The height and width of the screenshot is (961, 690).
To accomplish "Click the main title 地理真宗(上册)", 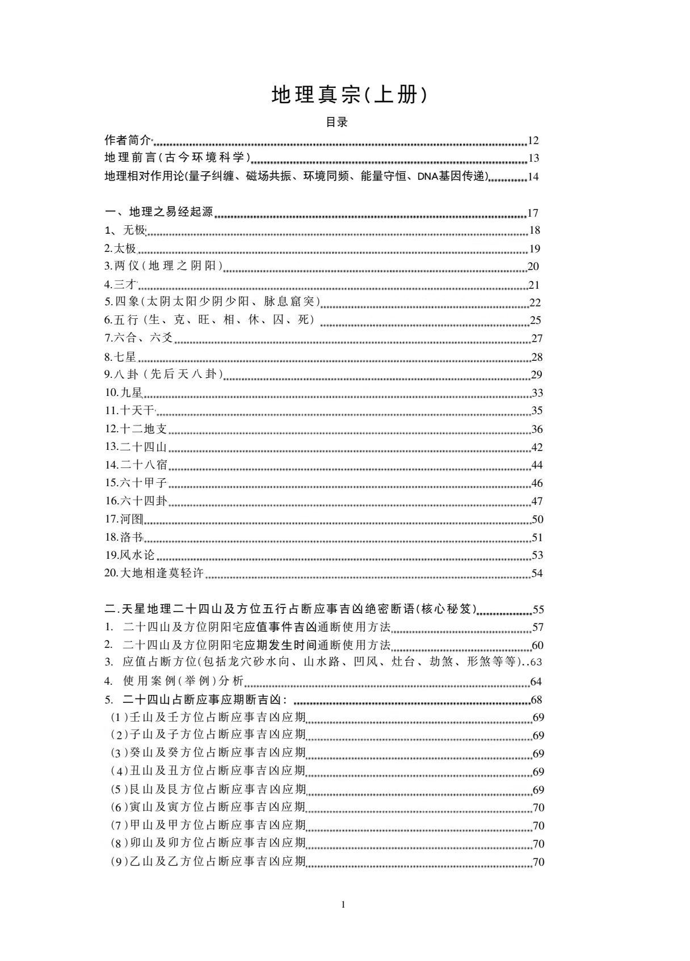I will pyautogui.click(x=348, y=95).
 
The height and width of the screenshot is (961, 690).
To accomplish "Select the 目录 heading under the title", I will pyautogui.click(x=336, y=122).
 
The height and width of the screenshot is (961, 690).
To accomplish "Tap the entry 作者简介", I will pyautogui.click(x=128, y=140).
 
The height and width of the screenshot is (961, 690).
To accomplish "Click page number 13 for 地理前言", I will pyautogui.click(x=533, y=158).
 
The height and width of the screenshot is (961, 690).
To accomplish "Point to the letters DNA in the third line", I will pyautogui.click(x=426, y=176).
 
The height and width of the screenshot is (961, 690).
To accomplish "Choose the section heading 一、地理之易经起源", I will pyautogui.click(x=159, y=212).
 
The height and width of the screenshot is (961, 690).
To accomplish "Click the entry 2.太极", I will pyautogui.click(x=120, y=248).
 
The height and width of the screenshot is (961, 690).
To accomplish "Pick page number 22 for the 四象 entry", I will pyautogui.click(x=535, y=303).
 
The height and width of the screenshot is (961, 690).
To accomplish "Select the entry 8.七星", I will pyautogui.click(x=120, y=357).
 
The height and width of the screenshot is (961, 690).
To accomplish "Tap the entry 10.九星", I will pyautogui.click(x=123, y=393).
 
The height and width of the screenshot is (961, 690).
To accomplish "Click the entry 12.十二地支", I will pyautogui.click(x=135, y=429).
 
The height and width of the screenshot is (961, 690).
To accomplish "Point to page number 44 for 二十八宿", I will pyautogui.click(x=537, y=465).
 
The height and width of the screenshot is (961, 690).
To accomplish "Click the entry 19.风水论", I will pyautogui.click(x=129, y=555).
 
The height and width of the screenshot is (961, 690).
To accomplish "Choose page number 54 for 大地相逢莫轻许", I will pyautogui.click(x=537, y=574).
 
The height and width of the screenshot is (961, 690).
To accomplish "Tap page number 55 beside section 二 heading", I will pyautogui.click(x=538, y=610).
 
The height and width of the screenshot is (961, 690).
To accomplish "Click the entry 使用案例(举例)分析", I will pyautogui.click(x=183, y=681).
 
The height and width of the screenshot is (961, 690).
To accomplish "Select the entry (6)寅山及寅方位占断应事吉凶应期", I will pyautogui.click(x=208, y=807).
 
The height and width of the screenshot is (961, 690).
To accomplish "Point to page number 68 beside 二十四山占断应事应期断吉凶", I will pyautogui.click(x=537, y=699).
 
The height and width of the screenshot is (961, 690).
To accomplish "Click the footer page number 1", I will pyautogui.click(x=343, y=904).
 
